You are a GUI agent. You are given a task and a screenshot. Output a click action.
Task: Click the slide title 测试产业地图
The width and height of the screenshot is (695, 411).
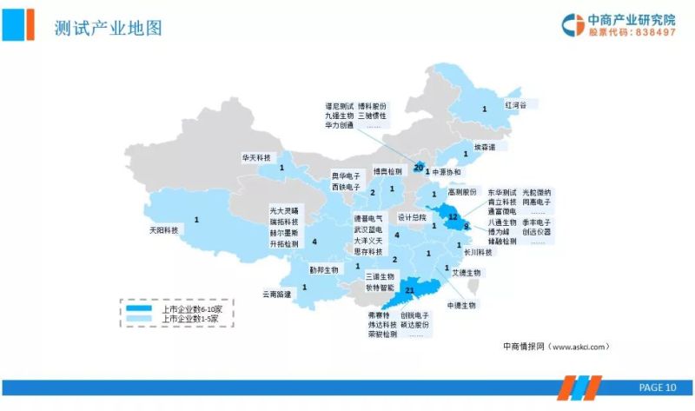[108, 28]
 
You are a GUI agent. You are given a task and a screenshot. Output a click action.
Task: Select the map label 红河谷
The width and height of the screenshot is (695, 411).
[517, 104]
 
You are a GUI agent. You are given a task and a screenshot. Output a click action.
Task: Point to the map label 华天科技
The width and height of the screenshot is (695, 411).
[256, 158]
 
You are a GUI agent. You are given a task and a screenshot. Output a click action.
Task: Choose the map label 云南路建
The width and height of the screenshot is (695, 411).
[277, 295]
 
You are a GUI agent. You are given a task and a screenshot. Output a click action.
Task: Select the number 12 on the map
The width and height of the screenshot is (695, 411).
[453, 217]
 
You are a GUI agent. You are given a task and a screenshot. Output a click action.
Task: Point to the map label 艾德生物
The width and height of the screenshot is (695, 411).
[467, 272]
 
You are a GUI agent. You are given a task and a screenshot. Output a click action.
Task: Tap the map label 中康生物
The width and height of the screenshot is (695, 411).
[461, 306]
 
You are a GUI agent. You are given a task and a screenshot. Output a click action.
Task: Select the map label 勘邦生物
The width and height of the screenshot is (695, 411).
[324, 269]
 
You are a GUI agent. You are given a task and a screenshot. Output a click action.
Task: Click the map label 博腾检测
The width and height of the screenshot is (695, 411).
[387, 171]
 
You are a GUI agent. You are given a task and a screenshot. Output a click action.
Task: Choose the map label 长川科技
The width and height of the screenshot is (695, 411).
[478, 253]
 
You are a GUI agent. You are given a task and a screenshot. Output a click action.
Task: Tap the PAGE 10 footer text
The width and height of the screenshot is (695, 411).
[657, 388]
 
